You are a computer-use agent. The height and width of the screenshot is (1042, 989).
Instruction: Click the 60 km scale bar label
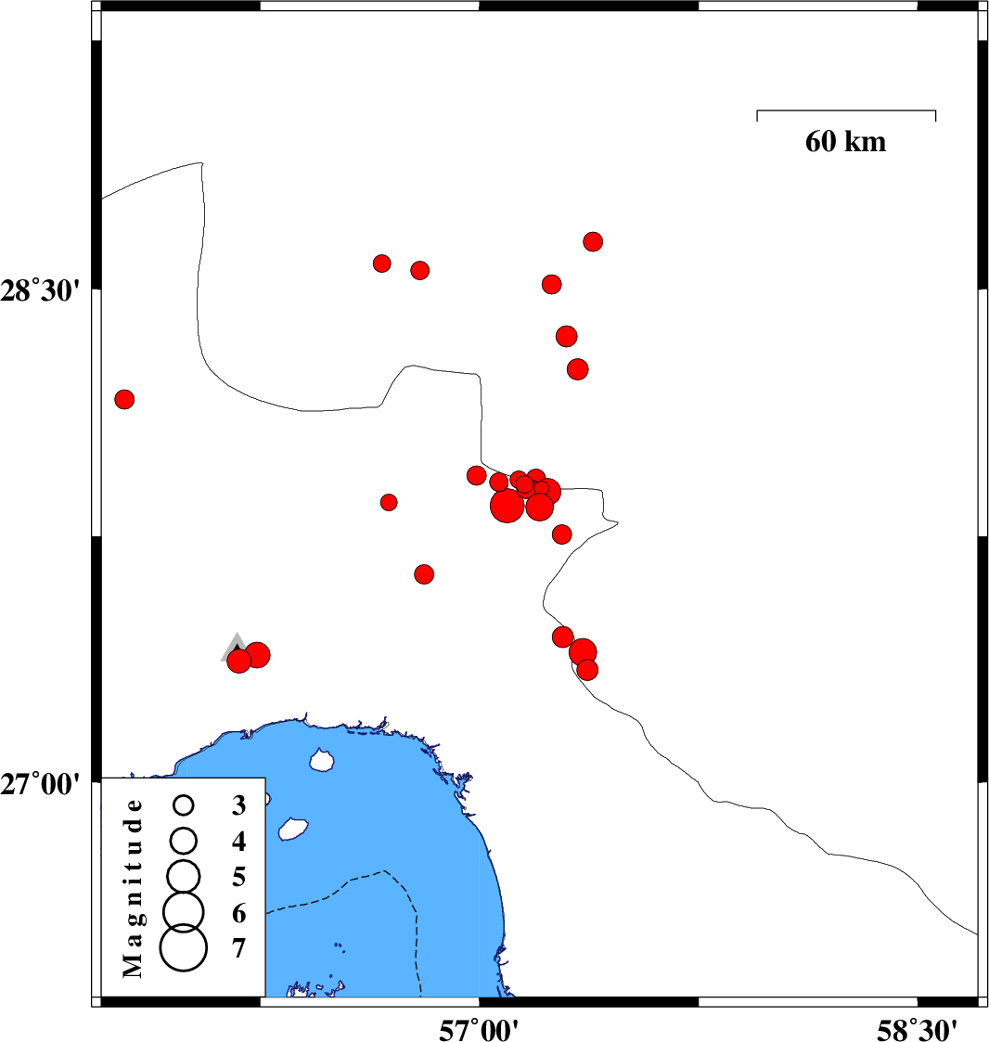845,142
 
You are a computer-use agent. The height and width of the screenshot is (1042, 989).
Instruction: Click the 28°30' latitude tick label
47,290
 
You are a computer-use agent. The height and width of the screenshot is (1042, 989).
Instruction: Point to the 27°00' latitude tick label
47,784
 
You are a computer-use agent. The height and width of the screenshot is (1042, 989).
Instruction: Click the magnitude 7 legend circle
184,948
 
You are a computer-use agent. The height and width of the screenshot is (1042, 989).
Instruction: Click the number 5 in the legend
239,877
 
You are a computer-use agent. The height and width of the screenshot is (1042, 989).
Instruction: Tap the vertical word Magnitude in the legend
134,887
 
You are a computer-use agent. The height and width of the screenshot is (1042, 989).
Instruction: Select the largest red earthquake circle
507,507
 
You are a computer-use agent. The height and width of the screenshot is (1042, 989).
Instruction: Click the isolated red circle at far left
124,399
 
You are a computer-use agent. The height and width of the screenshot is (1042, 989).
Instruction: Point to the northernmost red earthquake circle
593,241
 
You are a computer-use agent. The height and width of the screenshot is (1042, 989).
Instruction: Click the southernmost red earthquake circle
586,669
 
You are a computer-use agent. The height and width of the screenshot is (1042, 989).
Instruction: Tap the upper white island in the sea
322,761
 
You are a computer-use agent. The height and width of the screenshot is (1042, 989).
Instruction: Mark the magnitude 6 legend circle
184,911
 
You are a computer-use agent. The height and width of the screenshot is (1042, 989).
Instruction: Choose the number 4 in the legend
239,842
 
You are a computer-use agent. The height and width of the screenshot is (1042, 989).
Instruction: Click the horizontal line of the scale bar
846,110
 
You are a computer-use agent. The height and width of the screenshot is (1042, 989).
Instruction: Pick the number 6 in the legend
239,914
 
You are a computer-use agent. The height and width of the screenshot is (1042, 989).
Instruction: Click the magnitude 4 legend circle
184,840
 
